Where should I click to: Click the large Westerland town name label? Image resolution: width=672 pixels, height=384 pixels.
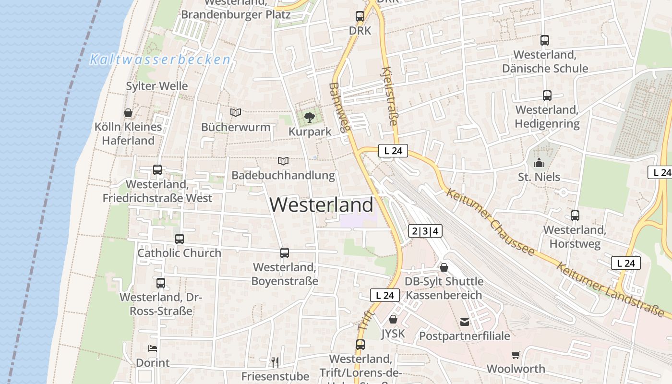321,205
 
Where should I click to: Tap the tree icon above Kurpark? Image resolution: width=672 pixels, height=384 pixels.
310,117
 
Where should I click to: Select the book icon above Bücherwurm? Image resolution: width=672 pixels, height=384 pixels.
235,112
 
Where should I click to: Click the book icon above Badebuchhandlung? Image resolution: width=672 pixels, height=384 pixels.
283,161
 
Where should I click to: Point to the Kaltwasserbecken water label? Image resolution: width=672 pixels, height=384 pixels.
160,60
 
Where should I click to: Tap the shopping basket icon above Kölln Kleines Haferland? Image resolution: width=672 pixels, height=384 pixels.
128,113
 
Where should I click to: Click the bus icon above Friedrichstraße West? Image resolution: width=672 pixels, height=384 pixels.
157,169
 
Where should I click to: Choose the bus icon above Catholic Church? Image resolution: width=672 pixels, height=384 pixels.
179,239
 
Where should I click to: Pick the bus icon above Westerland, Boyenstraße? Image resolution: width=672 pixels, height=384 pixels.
285,252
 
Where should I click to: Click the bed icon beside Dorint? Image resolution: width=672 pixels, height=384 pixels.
153,348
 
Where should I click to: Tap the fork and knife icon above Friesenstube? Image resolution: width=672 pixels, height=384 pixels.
275,361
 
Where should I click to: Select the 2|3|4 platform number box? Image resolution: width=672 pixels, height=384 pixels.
425,231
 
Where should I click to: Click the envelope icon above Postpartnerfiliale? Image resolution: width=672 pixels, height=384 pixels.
464,322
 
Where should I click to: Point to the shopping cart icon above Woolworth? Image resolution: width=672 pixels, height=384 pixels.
516,355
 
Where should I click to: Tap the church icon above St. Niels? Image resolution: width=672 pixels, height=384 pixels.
539,163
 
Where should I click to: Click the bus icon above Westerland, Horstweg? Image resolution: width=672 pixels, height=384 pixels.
575,216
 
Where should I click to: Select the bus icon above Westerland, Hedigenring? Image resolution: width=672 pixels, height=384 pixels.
547,96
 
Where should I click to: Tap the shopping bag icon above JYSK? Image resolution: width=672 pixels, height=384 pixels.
393,319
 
